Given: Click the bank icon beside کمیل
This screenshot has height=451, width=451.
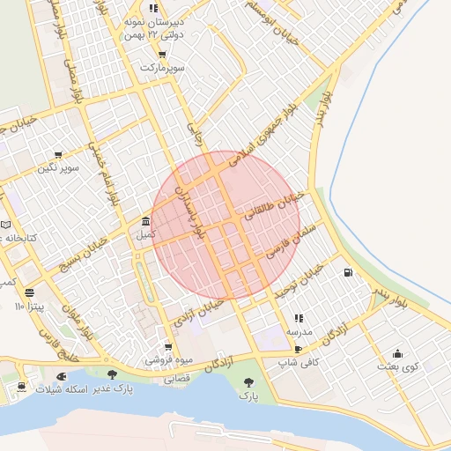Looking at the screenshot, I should click(145, 221).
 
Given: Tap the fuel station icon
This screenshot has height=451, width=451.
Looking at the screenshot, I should click(349, 273).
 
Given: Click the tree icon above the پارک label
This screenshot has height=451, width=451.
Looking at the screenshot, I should click(249, 382).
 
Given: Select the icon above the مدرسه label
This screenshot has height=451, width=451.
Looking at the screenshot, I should click(299, 318).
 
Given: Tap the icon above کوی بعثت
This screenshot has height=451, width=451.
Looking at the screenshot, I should click(397, 352).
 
